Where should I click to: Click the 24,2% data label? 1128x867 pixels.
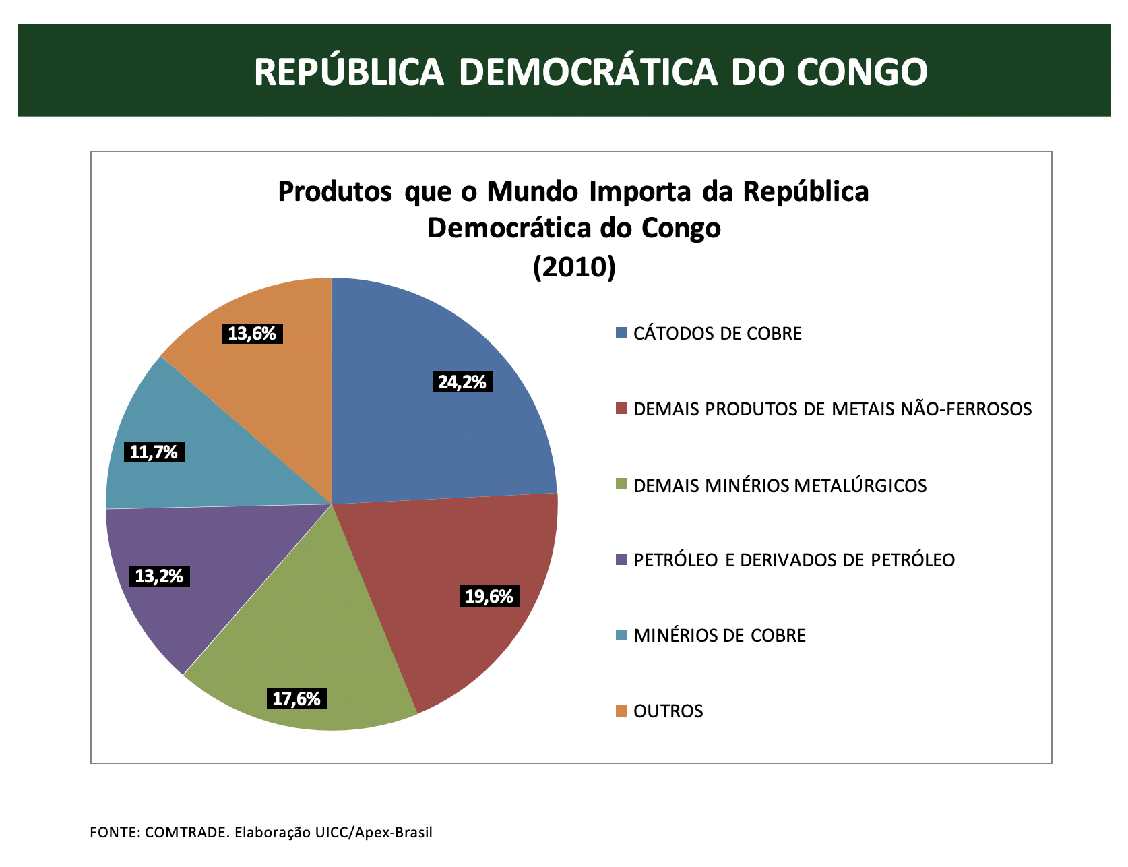[x=462, y=382]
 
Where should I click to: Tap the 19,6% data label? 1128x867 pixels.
[x=489, y=596]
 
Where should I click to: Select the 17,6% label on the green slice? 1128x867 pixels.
[x=296, y=698]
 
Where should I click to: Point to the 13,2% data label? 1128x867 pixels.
[x=159, y=576]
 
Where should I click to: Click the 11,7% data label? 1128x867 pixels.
[x=154, y=452]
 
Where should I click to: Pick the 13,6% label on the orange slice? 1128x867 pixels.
[x=252, y=333]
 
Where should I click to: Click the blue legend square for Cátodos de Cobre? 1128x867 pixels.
[x=621, y=333]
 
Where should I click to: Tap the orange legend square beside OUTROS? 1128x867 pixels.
[x=621, y=711]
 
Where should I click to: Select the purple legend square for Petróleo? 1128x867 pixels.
[x=621, y=560]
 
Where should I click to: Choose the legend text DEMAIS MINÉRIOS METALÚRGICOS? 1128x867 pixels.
[x=780, y=485]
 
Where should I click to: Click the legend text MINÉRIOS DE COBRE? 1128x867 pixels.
[x=720, y=635]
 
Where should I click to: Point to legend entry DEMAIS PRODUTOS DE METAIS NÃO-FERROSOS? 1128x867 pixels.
[x=833, y=409]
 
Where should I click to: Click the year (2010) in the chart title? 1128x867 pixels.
[x=574, y=267]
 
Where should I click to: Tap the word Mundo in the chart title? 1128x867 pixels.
[x=534, y=191]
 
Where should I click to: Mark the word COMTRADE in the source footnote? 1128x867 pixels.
[x=187, y=832]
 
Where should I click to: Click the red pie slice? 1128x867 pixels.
[x=465, y=593]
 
